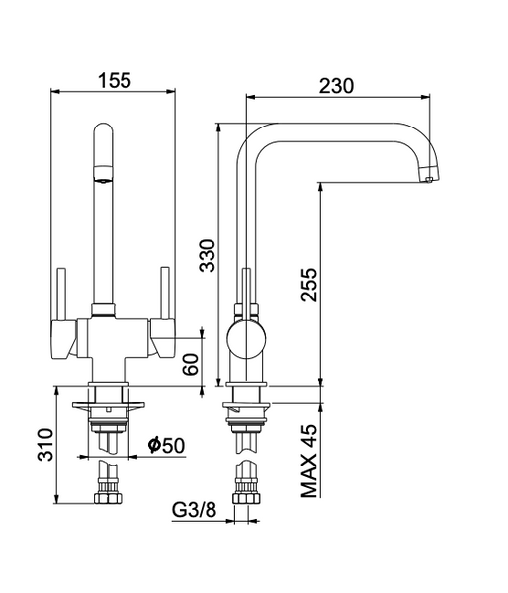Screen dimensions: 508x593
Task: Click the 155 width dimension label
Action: tap(115, 80)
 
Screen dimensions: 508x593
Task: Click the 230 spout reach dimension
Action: tap(337, 86)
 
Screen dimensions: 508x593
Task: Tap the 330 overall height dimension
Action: tap(208, 255)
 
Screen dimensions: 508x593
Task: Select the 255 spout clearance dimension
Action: tap(309, 285)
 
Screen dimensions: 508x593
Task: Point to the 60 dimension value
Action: tap(191, 364)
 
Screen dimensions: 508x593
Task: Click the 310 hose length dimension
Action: tap(45, 444)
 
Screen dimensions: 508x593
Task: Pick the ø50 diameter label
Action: tap(166, 445)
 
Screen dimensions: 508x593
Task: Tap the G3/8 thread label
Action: tap(195, 510)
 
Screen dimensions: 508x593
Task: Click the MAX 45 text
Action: tap(309, 461)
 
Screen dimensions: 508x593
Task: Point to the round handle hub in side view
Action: tap(246, 338)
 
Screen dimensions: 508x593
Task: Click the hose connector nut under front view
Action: tap(108, 498)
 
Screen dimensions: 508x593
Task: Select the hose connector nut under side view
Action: tap(247, 498)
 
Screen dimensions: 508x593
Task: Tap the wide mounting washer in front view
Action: tap(109, 405)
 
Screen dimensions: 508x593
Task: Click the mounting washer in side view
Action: tap(247, 406)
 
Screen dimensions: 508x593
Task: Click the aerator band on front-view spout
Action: tap(103, 173)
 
